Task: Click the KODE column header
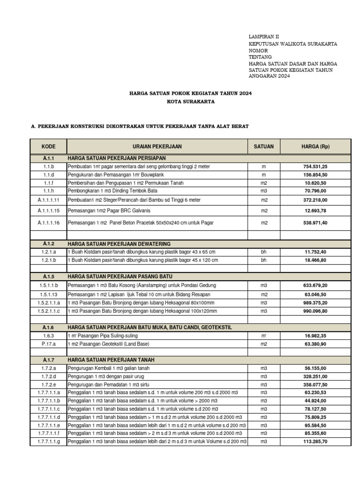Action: [x=48, y=147]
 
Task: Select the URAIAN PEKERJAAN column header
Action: [x=157, y=147]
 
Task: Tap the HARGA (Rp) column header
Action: [x=315, y=147]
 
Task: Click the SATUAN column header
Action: [x=263, y=147]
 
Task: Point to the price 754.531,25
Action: [x=315, y=166]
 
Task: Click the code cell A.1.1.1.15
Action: [x=49, y=211]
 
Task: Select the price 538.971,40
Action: [x=315, y=223]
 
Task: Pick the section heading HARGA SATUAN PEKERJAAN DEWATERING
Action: [x=119, y=244]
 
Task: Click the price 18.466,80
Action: [x=315, y=260]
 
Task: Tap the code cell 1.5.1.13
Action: [x=49, y=294]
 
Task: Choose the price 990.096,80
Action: [x=315, y=311]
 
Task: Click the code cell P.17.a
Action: [x=49, y=344]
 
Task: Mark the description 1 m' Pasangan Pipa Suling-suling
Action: [x=103, y=336]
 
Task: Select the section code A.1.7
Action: [x=49, y=360]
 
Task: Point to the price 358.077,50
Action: [x=315, y=384]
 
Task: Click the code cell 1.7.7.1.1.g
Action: [x=49, y=441]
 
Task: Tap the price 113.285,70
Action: [x=315, y=441]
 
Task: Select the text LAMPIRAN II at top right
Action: [x=263, y=36]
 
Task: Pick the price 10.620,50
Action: [x=315, y=183]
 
